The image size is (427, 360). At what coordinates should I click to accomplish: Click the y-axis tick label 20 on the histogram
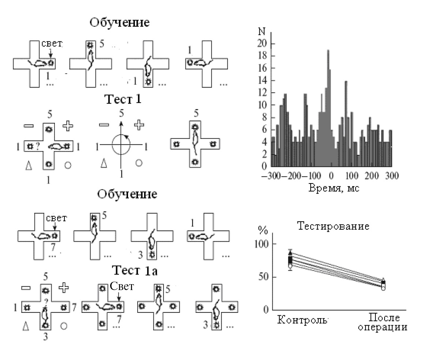click(x=262, y=44)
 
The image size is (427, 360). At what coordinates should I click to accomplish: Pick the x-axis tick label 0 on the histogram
click(x=332, y=175)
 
